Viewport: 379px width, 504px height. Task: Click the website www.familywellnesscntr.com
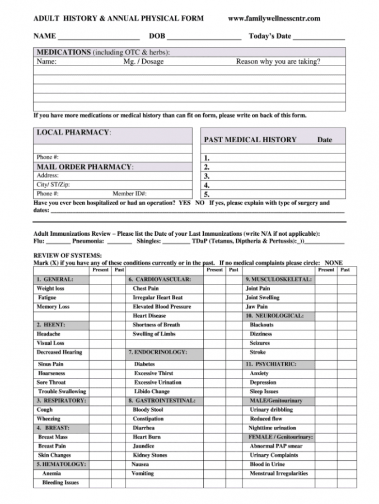(x=274, y=18)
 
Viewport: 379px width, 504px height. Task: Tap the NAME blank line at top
(x=99, y=37)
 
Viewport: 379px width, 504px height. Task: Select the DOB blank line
(x=204, y=37)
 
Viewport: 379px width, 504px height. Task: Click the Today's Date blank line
(x=319, y=37)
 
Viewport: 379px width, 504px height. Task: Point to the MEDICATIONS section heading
(x=63, y=52)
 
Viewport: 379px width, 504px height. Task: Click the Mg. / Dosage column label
(x=143, y=62)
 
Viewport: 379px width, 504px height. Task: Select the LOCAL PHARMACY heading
(x=73, y=132)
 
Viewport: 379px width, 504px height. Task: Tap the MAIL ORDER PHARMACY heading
(x=85, y=167)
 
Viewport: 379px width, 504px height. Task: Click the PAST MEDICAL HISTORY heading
(x=250, y=140)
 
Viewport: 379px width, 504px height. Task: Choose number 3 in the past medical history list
(x=207, y=176)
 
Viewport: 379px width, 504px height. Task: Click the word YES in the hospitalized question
(x=185, y=203)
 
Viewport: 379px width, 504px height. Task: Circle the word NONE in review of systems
(x=334, y=262)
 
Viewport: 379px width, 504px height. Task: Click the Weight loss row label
(x=50, y=288)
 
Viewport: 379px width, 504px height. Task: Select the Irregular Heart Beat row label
(x=157, y=297)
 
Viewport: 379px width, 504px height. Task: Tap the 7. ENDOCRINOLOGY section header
(x=157, y=352)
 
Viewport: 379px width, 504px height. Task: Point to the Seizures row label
(x=260, y=343)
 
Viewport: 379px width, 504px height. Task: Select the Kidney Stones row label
(x=150, y=455)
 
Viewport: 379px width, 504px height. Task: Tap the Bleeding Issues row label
(x=60, y=482)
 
